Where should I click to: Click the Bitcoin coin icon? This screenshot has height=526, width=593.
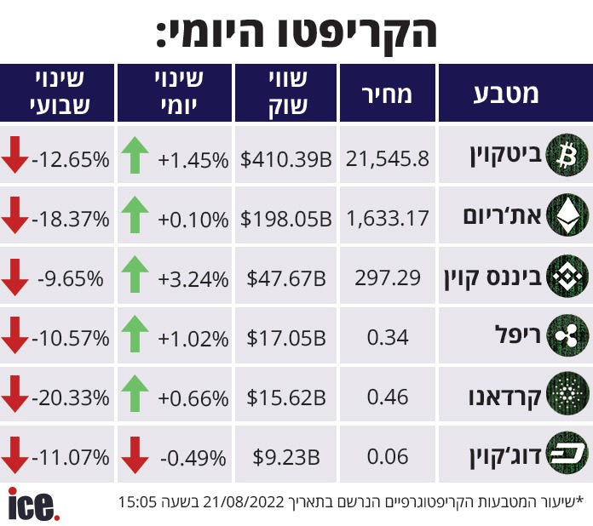567,155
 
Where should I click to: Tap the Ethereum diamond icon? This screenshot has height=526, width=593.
567,214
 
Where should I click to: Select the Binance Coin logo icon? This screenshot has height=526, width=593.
567,277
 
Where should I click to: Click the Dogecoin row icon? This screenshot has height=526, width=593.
567,454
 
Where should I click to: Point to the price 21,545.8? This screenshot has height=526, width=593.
388,159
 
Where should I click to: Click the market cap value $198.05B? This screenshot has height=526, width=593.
286,219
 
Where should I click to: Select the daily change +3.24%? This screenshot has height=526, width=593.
193,279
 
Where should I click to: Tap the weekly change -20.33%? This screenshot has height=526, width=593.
71,397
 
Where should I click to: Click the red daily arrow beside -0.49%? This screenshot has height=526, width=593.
135,455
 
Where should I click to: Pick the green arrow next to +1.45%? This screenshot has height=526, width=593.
135,155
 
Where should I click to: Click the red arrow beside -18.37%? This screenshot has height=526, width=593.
14,214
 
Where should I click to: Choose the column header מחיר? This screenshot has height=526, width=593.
387,94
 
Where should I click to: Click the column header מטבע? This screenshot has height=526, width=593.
505,94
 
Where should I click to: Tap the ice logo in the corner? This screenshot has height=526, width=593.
34,504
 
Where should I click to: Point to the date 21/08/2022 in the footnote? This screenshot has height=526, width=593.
244,502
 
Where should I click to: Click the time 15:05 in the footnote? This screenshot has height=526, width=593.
137,502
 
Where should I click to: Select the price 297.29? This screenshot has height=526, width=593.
388,278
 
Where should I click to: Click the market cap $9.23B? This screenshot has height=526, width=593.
286,457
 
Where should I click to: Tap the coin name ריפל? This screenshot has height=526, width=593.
518,334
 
